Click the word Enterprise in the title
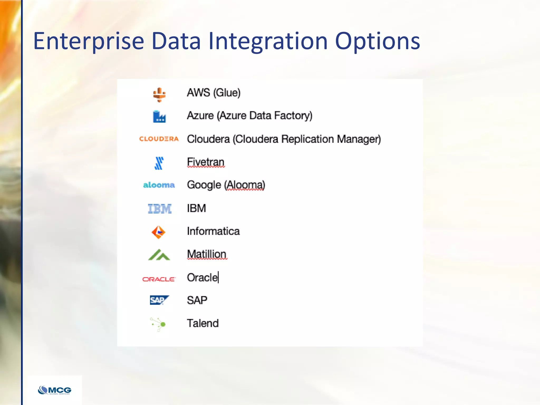tap(89, 41)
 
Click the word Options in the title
tap(377, 41)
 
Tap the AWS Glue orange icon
tap(159, 95)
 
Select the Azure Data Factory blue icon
tap(159, 117)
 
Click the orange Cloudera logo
tap(159, 139)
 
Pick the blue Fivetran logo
tap(159, 163)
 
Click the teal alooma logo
tap(159, 185)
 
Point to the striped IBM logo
tap(160, 209)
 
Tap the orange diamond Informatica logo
tap(158, 232)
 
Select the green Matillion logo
tap(159, 255)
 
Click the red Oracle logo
tap(159, 279)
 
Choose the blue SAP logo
tap(159, 300)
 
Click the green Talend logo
tap(158, 324)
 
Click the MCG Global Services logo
tap(55, 390)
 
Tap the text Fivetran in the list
tap(205, 162)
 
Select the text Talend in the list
tap(202, 323)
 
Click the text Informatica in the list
tap(213, 231)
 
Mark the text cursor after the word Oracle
tap(218, 277)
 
